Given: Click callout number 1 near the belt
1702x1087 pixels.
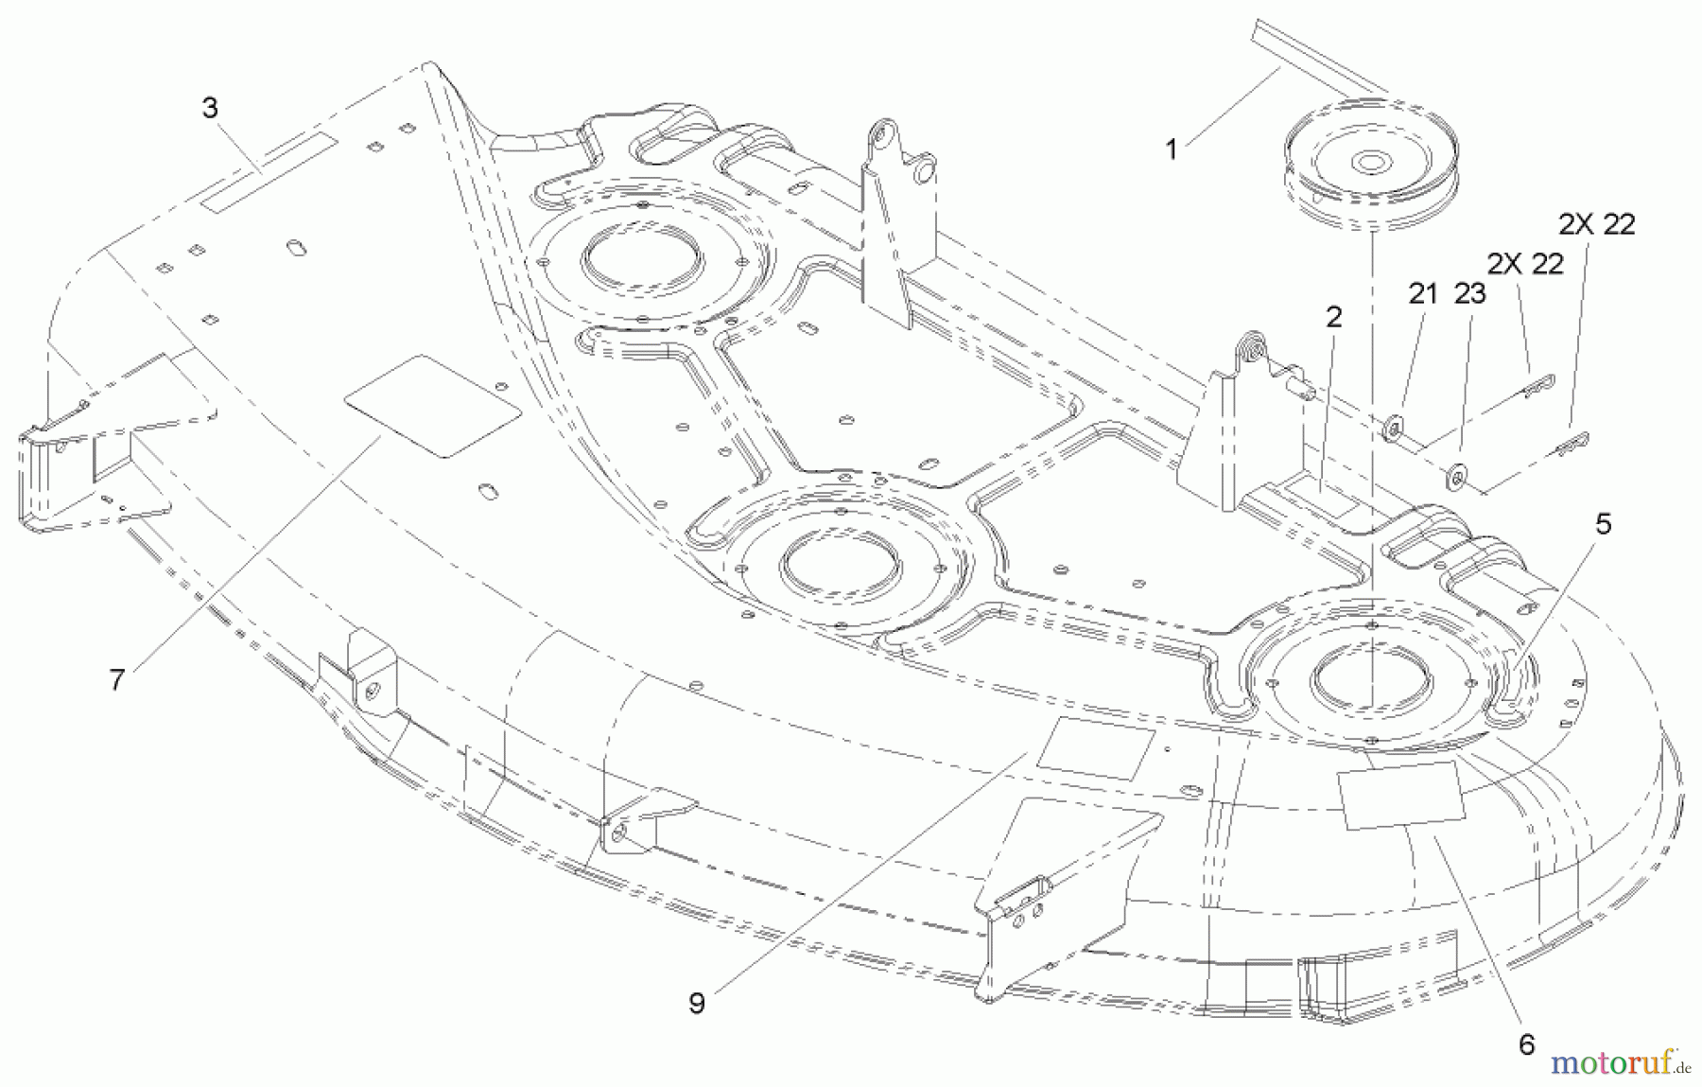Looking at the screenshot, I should (1172, 149).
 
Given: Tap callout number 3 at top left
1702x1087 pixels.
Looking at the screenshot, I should (210, 108).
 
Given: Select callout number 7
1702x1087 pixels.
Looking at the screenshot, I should (116, 679).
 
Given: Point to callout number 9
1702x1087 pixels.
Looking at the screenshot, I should (697, 1003).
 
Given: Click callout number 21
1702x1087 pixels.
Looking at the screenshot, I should (1422, 294).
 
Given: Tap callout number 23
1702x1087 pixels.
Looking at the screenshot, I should (1470, 294).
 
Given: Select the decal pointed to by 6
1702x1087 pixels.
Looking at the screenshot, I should (1400, 794).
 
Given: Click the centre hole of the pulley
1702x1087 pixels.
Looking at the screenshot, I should (1368, 163).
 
